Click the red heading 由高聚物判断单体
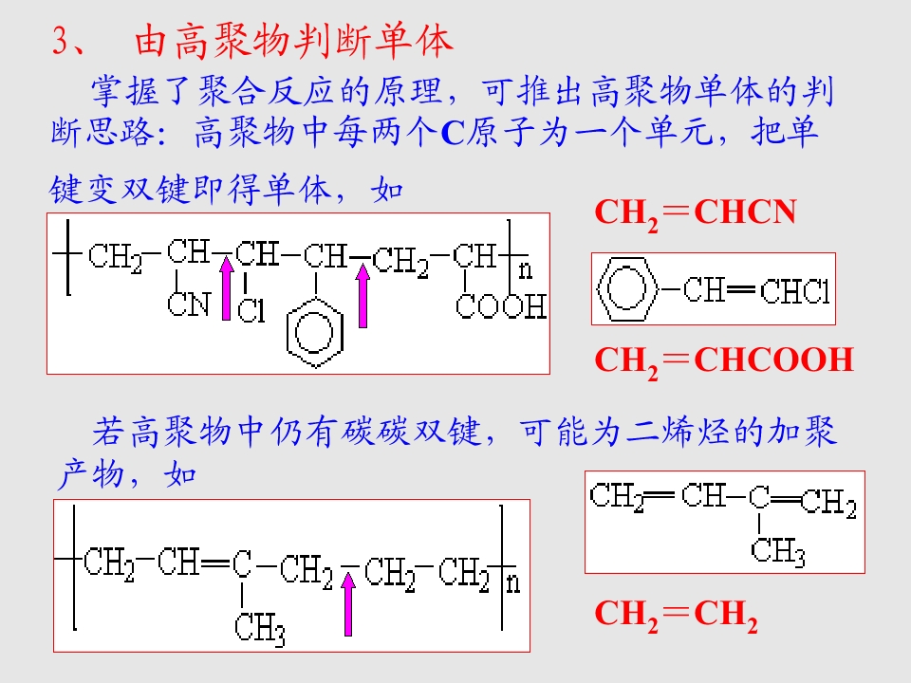point(293,42)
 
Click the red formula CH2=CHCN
point(696,213)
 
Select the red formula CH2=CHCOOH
point(724,361)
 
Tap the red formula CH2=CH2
point(677,616)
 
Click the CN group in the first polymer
point(189,305)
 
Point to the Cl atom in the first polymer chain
point(251,311)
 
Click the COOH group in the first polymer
point(501,306)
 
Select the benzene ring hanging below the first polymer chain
point(315,333)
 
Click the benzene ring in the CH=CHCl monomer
point(627,288)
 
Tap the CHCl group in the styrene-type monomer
point(795,291)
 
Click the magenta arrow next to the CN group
point(227,288)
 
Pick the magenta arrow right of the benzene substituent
point(363,296)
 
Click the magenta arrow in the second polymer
point(348,604)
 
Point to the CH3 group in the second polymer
point(260,630)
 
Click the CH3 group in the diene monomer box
point(778,550)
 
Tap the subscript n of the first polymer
point(525,270)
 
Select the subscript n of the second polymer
point(513,582)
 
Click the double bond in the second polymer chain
point(215,563)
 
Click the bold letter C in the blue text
point(453,133)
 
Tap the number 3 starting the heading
point(61,41)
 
